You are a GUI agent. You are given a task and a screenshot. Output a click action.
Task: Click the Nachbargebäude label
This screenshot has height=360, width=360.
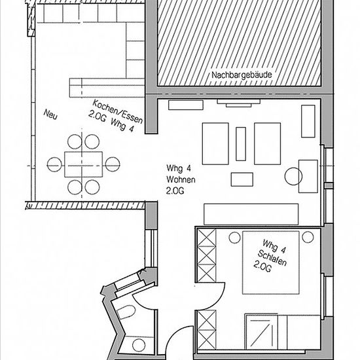(242, 75)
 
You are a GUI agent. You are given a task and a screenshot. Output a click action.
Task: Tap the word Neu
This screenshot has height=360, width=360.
(50, 114)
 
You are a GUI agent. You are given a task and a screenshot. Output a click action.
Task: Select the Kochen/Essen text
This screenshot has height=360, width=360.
(117, 111)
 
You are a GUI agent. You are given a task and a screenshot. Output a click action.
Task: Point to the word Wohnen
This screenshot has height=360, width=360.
(181, 179)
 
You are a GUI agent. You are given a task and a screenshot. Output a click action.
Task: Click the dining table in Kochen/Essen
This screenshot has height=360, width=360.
(83, 164)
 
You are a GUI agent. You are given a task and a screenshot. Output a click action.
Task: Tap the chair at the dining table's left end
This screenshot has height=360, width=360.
(54, 164)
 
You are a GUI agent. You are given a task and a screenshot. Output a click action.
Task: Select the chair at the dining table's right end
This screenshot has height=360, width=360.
(113, 164)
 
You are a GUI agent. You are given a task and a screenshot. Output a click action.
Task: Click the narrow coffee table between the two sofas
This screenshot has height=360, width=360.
(241, 144)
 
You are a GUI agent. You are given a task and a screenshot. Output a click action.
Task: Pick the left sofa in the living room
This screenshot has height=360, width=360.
(215, 144)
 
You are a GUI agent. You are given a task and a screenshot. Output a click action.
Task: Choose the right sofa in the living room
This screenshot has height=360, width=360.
(268, 144)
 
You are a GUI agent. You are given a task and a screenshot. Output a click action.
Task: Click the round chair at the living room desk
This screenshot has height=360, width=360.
(293, 176)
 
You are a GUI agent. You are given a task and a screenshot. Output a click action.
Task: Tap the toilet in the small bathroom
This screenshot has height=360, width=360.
(126, 312)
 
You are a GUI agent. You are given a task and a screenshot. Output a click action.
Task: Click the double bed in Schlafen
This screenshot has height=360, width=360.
(271, 262)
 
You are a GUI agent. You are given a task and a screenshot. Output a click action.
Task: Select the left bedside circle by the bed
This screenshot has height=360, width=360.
(234, 237)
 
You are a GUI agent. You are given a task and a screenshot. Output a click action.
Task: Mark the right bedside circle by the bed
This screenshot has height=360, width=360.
(308, 237)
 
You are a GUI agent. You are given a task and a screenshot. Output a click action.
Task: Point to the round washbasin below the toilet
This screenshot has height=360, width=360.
(139, 345)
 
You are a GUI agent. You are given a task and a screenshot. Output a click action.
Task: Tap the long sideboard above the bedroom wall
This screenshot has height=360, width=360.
(251, 214)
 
